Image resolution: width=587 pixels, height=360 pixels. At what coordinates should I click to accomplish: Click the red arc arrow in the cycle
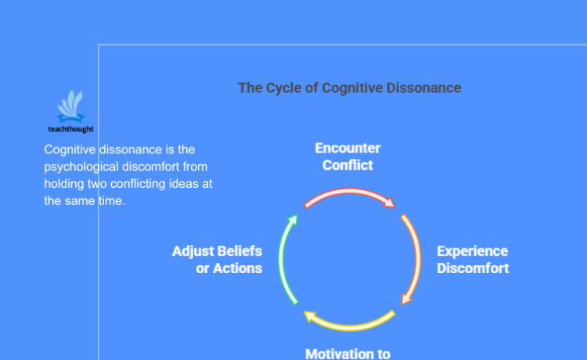coord(349,193)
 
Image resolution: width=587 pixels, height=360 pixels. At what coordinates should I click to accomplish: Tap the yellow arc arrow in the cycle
coord(349,322)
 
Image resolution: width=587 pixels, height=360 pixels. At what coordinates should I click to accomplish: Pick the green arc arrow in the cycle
coord(285,258)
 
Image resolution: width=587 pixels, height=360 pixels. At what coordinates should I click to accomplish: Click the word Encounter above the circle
coord(348,148)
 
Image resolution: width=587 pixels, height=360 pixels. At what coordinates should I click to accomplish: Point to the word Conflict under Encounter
coord(348,165)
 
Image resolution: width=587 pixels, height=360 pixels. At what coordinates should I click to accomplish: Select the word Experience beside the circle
coord(472,251)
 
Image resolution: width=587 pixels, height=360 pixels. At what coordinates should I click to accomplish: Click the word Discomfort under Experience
coord(473,268)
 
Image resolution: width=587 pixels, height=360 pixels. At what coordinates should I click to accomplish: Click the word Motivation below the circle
coord(339,353)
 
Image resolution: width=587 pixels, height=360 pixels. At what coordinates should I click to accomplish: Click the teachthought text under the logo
coord(70,129)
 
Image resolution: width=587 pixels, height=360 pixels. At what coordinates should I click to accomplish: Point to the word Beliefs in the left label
coord(238,251)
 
